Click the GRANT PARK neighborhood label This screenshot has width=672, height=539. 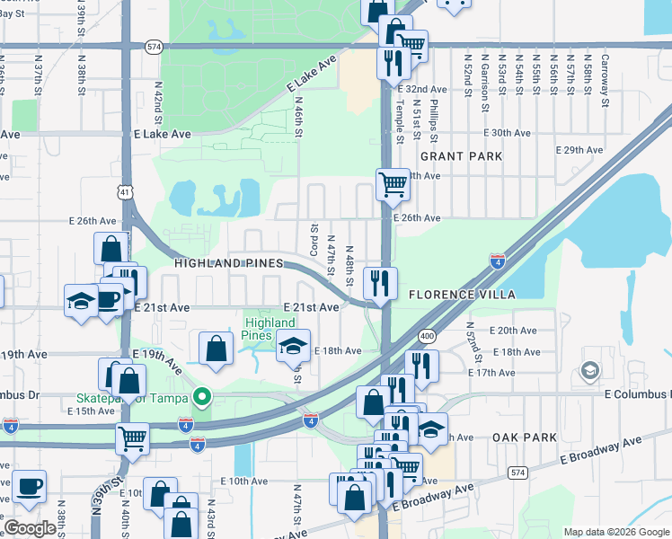[x=461, y=156]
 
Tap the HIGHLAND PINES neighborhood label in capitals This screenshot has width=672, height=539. [x=228, y=263]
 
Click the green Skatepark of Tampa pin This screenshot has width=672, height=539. [x=203, y=396]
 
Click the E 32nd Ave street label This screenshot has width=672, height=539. [x=425, y=90]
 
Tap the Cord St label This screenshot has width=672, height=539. [x=314, y=239]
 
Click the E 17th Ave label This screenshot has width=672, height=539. [x=516, y=372]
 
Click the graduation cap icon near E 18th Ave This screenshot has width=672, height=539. [x=293, y=345]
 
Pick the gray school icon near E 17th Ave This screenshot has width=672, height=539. [x=589, y=370]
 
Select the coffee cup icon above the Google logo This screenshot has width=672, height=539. [x=29, y=486]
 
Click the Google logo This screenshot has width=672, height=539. [x=31, y=528]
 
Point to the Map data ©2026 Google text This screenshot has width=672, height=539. [x=615, y=532]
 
